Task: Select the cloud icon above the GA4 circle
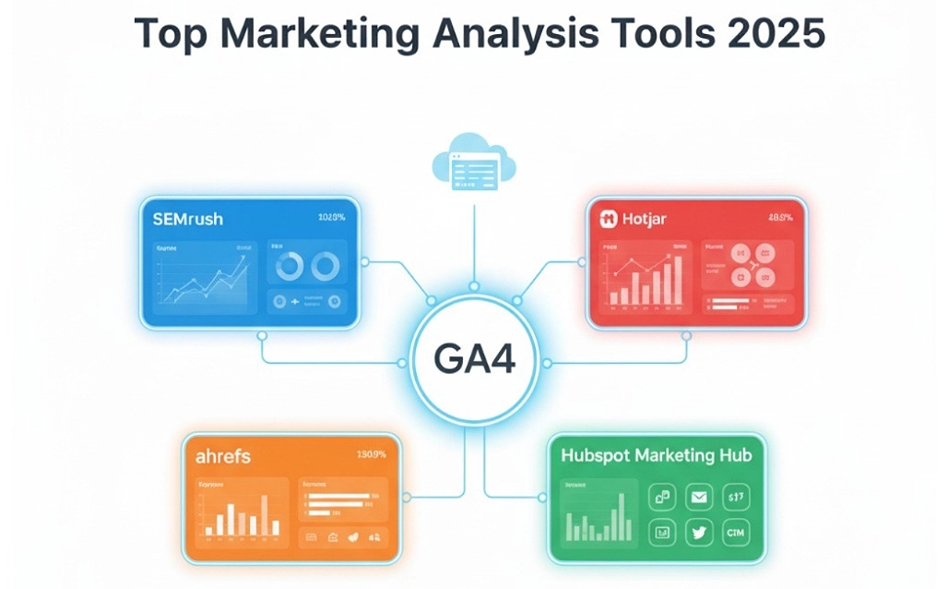473,164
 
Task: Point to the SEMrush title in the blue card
189,220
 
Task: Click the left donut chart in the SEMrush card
290,268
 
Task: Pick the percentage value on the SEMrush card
331,219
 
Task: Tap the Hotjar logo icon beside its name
608,220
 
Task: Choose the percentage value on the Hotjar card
779,219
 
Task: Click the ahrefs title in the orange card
223,456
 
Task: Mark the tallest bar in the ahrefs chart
265,515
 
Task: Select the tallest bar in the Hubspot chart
621,516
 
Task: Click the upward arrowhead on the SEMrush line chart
245,259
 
